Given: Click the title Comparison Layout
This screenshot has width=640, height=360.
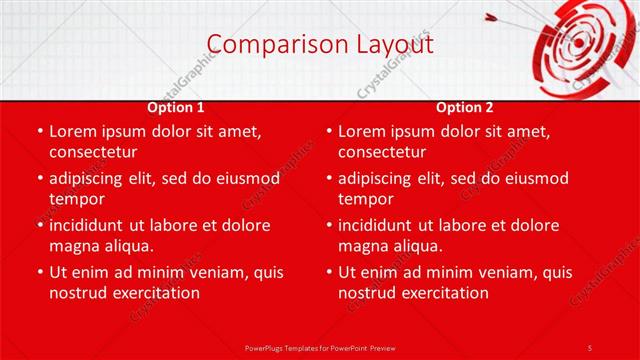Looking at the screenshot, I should tap(320, 45).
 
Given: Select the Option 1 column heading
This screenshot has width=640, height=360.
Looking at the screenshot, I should tap(176, 107).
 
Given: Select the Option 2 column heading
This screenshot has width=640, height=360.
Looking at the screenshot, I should tap(465, 107).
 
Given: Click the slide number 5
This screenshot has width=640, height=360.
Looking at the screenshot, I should tap(589, 347).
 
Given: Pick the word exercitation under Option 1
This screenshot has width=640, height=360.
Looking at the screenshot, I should tap(154, 293).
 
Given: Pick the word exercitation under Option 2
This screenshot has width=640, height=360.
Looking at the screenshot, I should tap(443, 293).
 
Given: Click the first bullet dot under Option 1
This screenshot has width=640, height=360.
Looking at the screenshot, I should tap(39, 131).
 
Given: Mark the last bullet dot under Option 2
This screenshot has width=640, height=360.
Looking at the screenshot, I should tap(328, 272).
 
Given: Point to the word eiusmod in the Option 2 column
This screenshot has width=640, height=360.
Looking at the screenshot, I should tap(535, 178).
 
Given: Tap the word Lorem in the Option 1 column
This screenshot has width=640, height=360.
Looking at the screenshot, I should tap(73, 131).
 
